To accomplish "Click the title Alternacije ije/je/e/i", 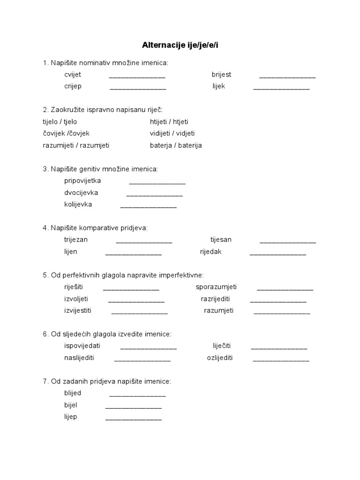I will pyautogui.click(x=180, y=45).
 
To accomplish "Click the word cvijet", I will pyautogui.click(x=73, y=75).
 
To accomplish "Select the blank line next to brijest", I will pyautogui.click(x=287, y=76).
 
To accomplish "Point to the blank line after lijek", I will pyautogui.click(x=281, y=88).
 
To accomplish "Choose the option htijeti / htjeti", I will pyautogui.click(x=172, y=121).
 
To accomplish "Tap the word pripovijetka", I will pyautogui.click(x=82, y=180).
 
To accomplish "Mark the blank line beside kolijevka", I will pyautogui.click(x=149, y=206).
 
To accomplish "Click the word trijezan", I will pyautogui.click(x=76, y=240).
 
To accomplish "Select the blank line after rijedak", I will pyautogui.click(x=277, y=253).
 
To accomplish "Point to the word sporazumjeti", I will pyautogui.click(x=216, y=287).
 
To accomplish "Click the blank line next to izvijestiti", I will pyautogui.click(x=139, y=312).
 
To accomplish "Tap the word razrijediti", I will pyautogui.click(x=215, y=299).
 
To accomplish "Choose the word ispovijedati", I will pyautogui.click(x=82, y=346).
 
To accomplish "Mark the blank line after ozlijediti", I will pyautogui.click(x=281, y=360).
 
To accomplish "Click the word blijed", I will pyautogui.click(x=73, y=393).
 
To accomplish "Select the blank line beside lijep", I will pyautogui.click(x=134, y=418).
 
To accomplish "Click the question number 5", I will pyautogui.click(x=45, y=275).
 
